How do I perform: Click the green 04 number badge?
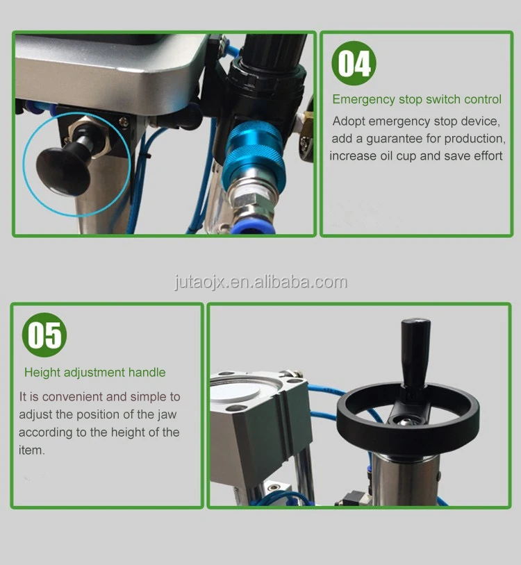(354, 63)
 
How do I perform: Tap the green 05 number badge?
(44, 335)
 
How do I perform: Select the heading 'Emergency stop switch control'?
(417, 99)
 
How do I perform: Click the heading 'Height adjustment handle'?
(95, 372)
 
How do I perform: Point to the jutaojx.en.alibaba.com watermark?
(260, 282)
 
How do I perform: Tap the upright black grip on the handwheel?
(415, 351)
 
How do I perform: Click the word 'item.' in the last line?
(32, 450)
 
